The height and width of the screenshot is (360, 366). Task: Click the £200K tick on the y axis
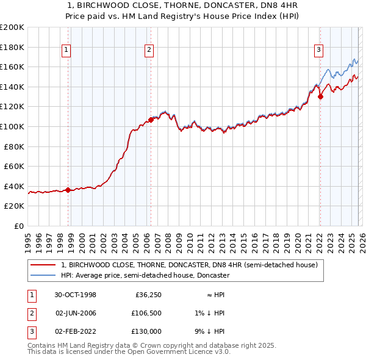point(12,27)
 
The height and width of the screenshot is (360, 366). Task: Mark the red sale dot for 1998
point(68,190)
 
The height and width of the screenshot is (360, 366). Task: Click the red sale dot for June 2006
point(150,120)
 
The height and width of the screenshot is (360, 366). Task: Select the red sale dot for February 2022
point(320,96)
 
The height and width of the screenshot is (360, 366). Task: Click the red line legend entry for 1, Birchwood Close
point(189,265)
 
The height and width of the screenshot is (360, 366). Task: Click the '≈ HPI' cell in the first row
point(212,295)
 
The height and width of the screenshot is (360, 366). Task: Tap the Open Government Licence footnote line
point(129,353)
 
